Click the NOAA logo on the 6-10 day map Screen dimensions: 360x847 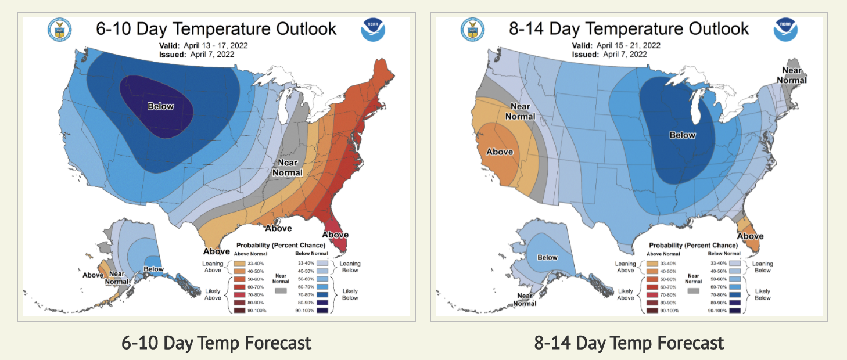click(x=372, y=30)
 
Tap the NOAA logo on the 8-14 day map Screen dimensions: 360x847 click(x=785, y=30)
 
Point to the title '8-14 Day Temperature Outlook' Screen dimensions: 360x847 click(x=629, y=29)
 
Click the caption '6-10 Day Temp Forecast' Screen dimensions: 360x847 click(x=217, y=343)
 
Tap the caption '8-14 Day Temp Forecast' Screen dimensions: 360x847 click(x=629, y=343)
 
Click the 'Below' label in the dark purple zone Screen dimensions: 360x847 click(x=160, y=106)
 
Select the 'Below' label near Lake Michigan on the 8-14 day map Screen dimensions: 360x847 click(x=682, y=135)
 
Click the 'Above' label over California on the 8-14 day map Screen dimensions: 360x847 click(x=500, y=152)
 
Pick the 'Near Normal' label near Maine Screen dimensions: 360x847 click(x=791, y=75)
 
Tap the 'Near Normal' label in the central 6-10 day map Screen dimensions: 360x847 click(x=289, y=167)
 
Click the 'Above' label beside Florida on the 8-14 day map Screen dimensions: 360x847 click(x=751, y=236)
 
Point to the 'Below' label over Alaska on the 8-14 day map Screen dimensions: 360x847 click(x=547, y=257)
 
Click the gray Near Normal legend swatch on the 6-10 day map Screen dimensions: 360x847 click(x=281, y=290)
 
